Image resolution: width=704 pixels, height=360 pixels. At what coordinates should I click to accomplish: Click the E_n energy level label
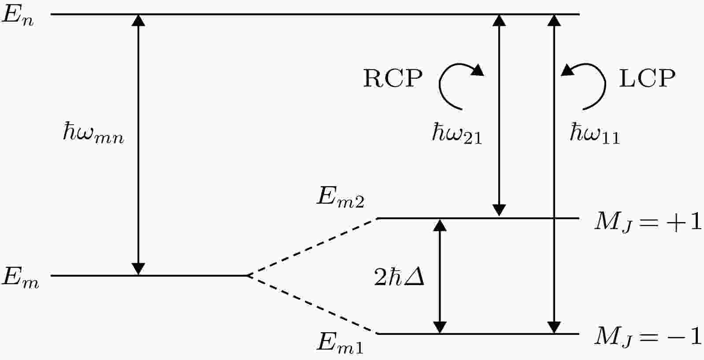(18, 16)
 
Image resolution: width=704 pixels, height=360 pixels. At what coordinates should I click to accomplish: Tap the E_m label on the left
(20, 278)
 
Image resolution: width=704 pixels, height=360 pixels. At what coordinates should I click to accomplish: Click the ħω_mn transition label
(93, 133)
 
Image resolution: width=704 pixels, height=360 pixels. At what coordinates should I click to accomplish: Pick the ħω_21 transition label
(457, 134)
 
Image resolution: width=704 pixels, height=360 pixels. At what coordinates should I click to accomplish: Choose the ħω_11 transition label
(595, 134)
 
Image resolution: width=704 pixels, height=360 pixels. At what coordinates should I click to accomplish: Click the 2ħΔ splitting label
(399, 277)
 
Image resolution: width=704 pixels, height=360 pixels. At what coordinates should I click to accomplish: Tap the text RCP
(393, 78)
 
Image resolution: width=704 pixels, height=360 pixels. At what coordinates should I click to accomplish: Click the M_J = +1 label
(648, 222)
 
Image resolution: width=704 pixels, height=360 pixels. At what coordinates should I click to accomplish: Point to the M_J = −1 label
(648, 337)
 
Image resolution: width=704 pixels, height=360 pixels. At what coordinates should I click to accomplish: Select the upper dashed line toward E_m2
(312, 247)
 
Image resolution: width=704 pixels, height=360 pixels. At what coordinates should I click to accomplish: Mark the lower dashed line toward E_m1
(312, 304)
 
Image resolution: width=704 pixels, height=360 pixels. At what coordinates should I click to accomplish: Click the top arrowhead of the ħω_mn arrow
(138, 20)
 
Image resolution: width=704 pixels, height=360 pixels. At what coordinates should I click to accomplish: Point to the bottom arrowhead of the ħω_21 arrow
(499, 210)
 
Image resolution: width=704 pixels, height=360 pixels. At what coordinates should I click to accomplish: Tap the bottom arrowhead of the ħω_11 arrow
(554, 327)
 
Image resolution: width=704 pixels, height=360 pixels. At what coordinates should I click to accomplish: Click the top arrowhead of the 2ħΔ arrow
(440, 226)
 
